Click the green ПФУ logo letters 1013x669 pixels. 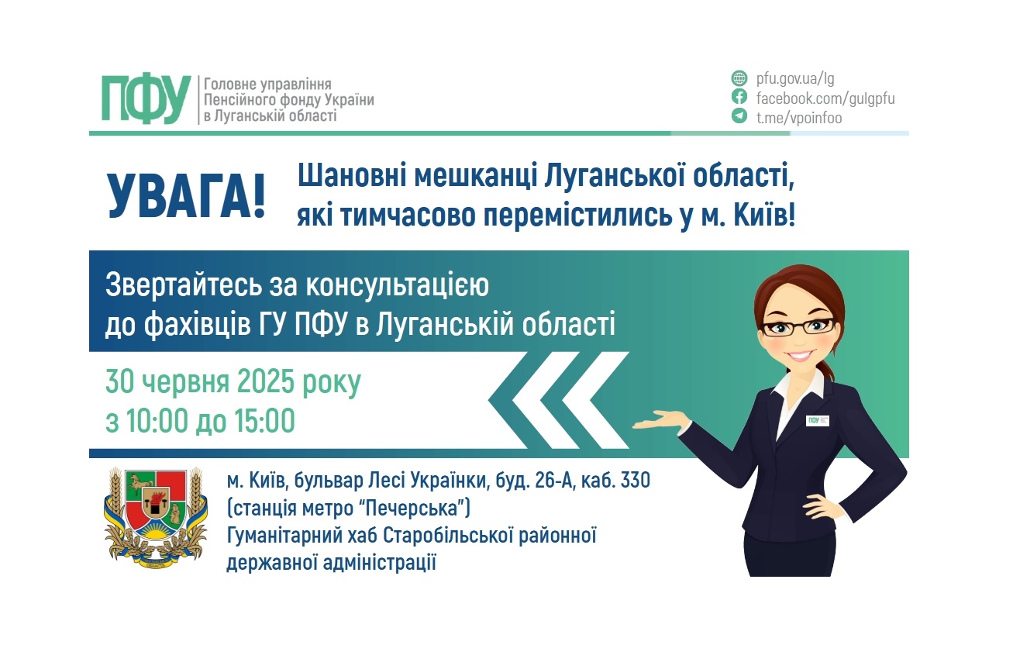coord(146,99)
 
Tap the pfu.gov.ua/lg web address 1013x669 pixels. coord(795,78)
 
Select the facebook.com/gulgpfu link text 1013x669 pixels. coord(825,98)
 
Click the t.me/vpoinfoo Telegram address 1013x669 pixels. coord(799,118)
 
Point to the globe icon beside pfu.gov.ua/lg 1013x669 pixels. coord(739,78)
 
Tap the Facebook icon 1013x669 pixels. coord(739,98)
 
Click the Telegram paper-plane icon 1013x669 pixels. coord(739,117)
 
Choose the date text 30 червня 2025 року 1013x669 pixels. coord(233,383)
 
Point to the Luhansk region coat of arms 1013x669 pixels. coord(155,516)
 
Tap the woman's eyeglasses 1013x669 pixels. coord(798,326)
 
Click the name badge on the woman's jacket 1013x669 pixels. coord(816,420)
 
